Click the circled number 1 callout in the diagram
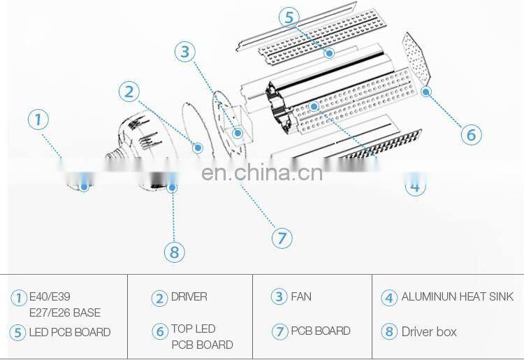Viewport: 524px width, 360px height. coord(38,119)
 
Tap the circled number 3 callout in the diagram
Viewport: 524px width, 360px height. coord(184,52)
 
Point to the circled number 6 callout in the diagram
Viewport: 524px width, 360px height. coord(471,134)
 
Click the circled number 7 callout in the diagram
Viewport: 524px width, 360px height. coord(282,238)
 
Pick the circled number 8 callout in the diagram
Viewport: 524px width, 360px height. coord(173,251)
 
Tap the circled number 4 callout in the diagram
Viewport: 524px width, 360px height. coord(415,186)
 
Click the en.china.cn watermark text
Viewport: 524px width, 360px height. coord(262,172)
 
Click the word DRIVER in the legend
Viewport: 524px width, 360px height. coord(189,297)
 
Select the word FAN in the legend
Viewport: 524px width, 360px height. coord(301,296)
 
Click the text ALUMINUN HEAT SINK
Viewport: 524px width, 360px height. coord(457,297)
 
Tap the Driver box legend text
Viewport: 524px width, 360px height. coord(428,331)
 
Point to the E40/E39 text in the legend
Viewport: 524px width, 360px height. coord(54,297)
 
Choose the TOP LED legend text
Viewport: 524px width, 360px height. coord(194,329)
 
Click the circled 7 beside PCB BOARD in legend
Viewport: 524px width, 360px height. coord(279,331)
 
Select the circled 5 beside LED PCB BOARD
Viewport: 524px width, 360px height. coord(18,333)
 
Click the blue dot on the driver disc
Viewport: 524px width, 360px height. coord(198,147)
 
